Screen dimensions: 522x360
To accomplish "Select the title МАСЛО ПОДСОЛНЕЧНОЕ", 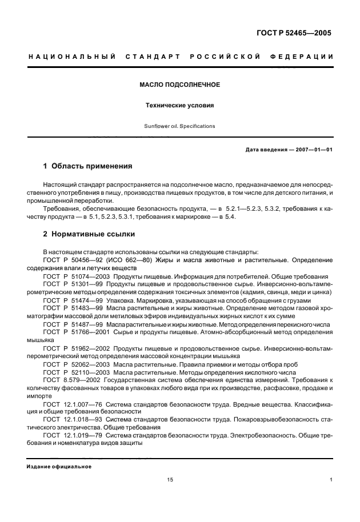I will click(x=180, y=85).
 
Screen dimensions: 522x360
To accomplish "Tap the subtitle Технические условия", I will click(x=180, y=106).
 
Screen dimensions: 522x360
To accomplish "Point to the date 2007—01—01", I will click(x=313, y=150).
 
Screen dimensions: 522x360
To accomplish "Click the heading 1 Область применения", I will click(x=88, y=166).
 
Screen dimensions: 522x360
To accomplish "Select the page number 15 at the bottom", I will click(x=170, y=480).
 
